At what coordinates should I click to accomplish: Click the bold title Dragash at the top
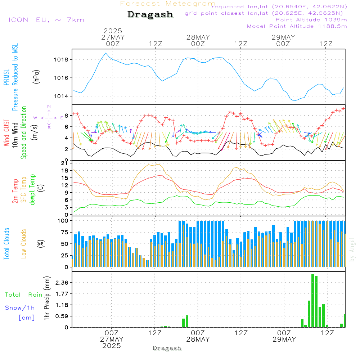[x=150, y=14]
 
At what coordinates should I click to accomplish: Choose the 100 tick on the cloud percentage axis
[x=63, y=220]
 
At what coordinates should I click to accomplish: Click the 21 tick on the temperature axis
[x=65, y=163]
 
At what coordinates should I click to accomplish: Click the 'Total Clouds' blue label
[x=6, y=244]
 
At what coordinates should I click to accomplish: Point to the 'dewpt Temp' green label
[x=32, y=190]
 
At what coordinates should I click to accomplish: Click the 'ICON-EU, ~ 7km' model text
[x=46, y=20]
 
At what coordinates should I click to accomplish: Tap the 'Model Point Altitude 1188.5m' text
[x=297, y=26]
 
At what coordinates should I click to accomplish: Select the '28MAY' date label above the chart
[x=198, y=37]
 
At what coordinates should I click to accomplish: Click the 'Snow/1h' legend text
[x=20, y=308]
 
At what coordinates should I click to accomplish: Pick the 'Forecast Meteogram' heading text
[x=168, y=4]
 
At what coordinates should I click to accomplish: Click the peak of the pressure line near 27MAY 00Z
[x=105, y=53]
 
